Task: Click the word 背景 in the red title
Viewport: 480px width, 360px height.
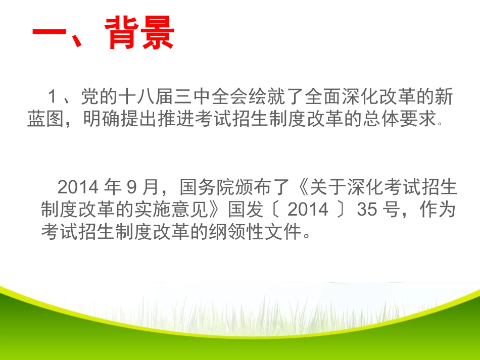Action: coord(142,33)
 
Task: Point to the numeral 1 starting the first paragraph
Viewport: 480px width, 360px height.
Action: coord(52,97)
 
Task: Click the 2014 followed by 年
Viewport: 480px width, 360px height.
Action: coord(77,187)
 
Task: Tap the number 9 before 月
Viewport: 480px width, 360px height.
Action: coord(131,187)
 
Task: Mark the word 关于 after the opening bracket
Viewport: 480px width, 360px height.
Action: coord(325,187)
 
